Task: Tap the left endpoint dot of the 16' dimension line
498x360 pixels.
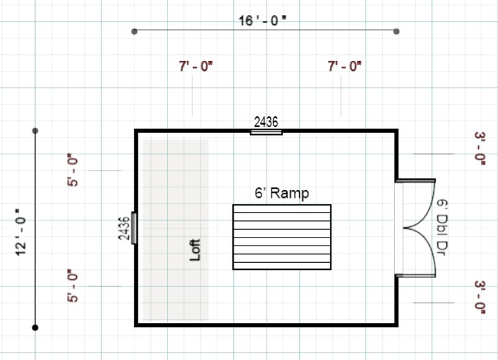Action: pos(134,31)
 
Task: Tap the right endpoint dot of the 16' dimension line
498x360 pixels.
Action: pos(396,31)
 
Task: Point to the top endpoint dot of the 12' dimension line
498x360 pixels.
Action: pos(35,131)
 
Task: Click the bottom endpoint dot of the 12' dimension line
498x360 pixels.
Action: pos(35,327)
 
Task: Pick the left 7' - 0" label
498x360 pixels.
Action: pos(195,66)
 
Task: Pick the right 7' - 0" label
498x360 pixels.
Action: pos(344,66)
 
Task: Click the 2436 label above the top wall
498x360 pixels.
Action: pos(266,122)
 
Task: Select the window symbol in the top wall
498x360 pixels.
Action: pos(266,132)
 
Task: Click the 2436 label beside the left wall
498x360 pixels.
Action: pos(124,228)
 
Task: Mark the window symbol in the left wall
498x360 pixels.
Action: pos(134,228)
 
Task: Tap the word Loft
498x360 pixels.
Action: pos(195,249)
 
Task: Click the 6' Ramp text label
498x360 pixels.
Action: pos(282,194)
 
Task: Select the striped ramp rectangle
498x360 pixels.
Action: pos(281,237)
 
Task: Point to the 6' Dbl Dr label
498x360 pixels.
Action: pos(442,227)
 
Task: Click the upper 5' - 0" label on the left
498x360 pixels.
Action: pos(73,171)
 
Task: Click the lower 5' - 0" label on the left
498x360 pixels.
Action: pos(73,286)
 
